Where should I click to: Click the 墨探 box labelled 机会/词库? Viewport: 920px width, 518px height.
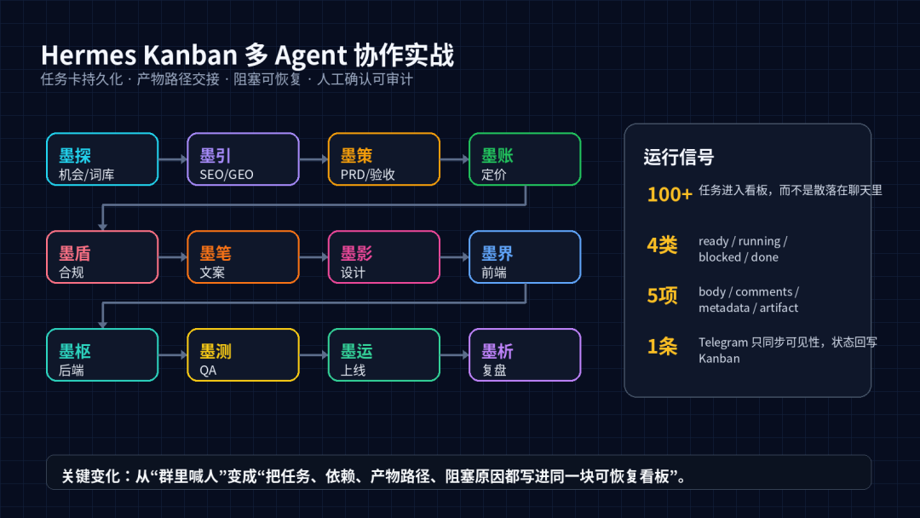102,159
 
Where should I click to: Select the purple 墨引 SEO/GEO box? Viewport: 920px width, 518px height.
243,159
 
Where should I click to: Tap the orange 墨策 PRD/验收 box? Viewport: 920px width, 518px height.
383,159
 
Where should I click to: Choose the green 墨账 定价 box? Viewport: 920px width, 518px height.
525,159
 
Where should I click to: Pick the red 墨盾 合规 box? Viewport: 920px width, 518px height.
102,257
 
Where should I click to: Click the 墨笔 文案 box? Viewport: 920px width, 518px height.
243,257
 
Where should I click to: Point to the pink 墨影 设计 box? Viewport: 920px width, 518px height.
383,257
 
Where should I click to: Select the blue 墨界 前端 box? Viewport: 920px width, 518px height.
525,257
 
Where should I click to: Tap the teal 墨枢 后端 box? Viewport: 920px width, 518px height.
102,355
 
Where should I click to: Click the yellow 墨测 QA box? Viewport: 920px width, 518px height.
243,355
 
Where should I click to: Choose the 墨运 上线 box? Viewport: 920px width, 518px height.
383,355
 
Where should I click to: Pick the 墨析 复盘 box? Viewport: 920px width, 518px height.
525,355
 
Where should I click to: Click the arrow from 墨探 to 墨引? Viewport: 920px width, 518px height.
173,159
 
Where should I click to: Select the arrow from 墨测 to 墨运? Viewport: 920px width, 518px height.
313,355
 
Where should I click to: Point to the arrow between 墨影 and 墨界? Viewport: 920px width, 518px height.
455,257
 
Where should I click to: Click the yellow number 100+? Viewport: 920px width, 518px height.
670,194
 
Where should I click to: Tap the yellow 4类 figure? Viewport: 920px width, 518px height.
662,245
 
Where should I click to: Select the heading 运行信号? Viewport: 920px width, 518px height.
678,158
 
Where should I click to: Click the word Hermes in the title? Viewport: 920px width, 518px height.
89,55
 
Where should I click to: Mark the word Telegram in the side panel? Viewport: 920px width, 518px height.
723,342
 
